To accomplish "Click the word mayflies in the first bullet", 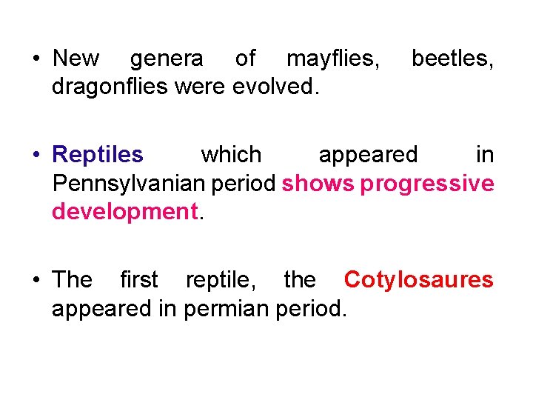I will pos(333,59).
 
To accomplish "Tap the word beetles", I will pos(452,59).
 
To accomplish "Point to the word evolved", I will pos(275,87).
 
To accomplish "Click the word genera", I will pos(166,59).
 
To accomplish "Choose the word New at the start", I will pos(76,59).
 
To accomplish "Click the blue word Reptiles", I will pos(98,155).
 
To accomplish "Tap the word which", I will pos(231,155).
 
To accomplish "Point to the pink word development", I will pos(124,212).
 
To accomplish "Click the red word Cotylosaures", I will pos(418,280).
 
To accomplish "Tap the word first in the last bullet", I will pos(138,280).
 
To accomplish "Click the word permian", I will pos(227,308).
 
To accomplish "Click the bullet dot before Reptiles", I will pos(36,156).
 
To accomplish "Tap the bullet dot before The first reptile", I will pos(36,281).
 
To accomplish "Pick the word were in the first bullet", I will pos(202,87).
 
